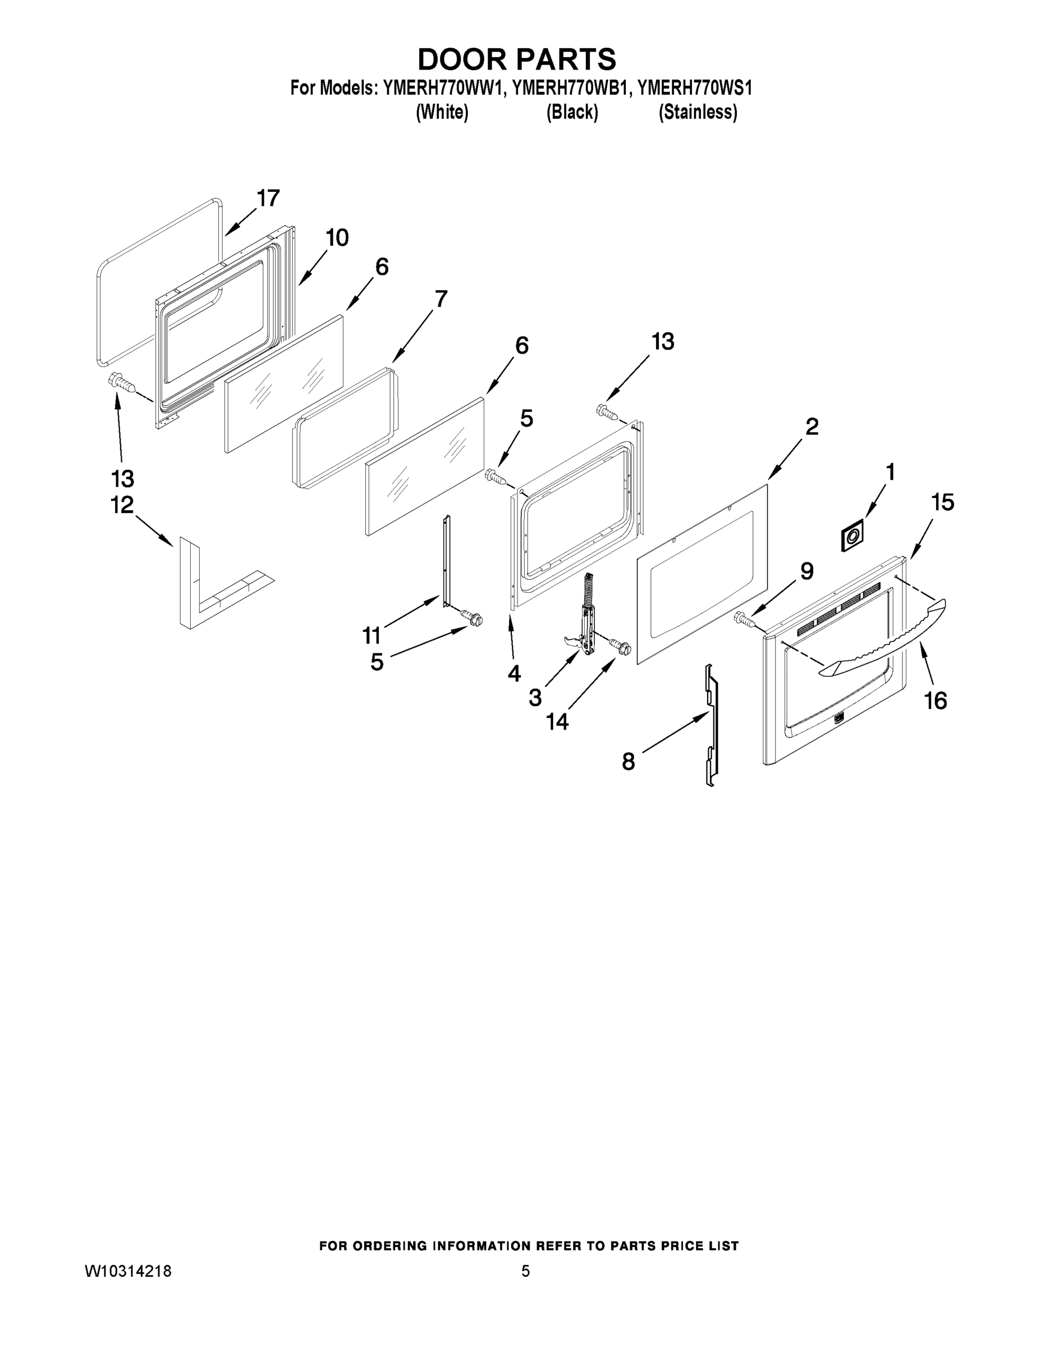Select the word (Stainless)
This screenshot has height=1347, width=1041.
click(698, 112)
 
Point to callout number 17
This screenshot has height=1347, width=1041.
click(268, 199)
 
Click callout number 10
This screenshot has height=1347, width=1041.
click(337, 237)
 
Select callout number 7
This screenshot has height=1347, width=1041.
click(441, 299)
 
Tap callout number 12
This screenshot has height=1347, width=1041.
click(122, 505)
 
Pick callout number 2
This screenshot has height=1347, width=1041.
click(811, 426)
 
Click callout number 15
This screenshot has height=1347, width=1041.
click(942, 502)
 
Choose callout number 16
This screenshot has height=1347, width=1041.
click(935, 700)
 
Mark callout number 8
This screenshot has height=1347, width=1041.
click(629, 762)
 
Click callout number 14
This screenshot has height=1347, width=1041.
click(557, 721)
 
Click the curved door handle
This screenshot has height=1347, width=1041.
click(882, 639)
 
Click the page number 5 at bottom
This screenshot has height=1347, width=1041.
click(525, 1271)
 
